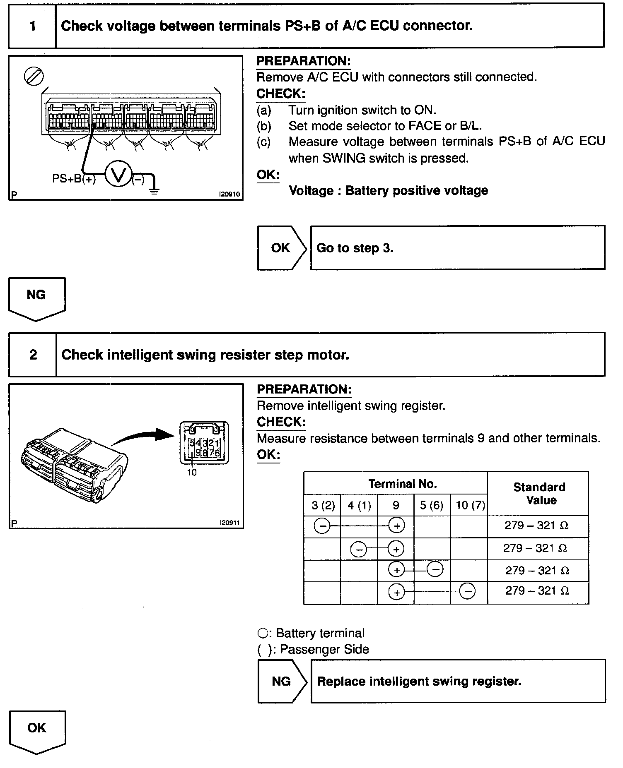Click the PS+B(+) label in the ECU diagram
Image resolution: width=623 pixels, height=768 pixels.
tap(74, 179)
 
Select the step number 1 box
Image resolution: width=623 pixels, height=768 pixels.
tap(32, 26)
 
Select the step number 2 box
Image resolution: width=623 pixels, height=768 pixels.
tap(33, 355)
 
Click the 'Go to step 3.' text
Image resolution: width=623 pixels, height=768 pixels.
tap(355, 248)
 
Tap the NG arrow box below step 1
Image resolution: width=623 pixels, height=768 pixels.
tap(36, 298)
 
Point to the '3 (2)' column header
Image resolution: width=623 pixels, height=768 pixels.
tap(323, 505)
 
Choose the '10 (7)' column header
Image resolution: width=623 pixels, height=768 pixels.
tap(470, 505)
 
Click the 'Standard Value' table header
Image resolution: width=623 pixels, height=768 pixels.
tap(539, 494)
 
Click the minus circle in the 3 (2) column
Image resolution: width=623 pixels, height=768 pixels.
tap(322, 526)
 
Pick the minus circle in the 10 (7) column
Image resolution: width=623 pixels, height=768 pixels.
tap(467, 591)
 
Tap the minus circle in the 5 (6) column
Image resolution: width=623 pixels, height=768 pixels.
tap(435, 569)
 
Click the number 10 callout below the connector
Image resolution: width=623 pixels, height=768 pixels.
tap(192, 473)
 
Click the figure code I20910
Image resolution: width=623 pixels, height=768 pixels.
tap(229, 194)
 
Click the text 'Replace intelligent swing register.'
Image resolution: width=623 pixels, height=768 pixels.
tap(419, 682)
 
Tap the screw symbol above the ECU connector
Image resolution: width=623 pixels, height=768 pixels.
tap(34, 77)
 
